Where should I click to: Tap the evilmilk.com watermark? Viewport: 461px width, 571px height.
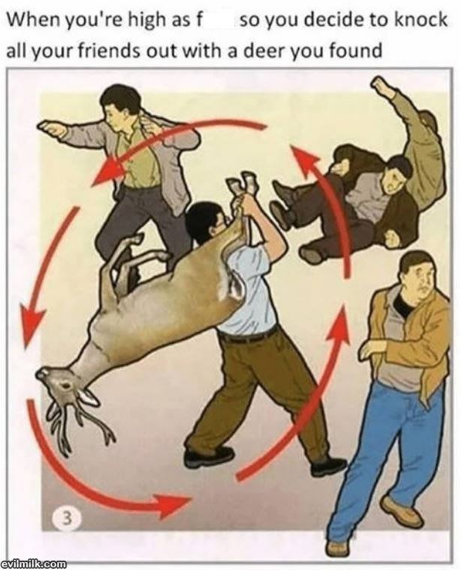pos(34,563)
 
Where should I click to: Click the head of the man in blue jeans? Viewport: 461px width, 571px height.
pos(419,273)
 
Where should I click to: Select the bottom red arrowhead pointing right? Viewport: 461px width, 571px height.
pos(171,502)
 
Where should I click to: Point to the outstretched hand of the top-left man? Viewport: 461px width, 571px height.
pos(50,128)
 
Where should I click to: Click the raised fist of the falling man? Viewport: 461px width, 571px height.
pos(381,86)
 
